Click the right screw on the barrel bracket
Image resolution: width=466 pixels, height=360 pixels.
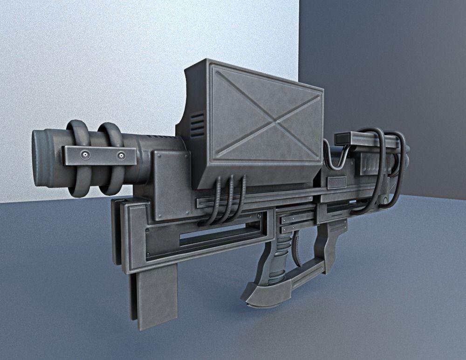click(121, 155)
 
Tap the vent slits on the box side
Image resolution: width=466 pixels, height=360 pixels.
click(197, 125)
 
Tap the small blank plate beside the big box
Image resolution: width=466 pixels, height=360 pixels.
click(337, 183)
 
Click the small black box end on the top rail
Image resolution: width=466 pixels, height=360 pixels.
click(343, 138)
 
